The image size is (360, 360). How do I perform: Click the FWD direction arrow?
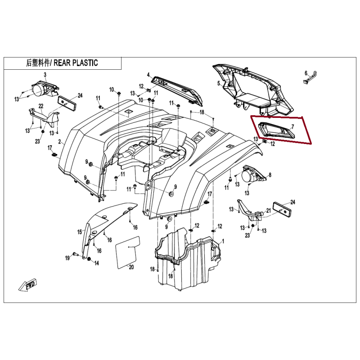(x=28, y=285)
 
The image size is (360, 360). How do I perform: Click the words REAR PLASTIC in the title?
(x=76, y=63)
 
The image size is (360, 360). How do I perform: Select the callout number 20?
(x=131, y=267)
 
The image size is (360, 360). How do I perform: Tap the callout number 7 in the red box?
(x=292, y=127)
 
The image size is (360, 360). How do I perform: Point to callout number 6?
(x=306, y=73)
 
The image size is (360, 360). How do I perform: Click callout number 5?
(x=219, y=83)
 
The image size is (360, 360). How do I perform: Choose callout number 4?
(x=148, y=75)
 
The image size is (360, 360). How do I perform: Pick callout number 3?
(x=45, y=74)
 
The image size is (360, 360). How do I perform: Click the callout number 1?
(x=223, y=241)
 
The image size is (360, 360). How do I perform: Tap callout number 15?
(x=80, y=232)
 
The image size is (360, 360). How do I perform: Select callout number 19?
(x=67, y=258)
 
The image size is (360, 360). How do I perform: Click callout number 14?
(x=97, y=263)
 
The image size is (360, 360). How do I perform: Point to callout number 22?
(x=41, y=106)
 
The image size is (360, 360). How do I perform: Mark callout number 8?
(x=270, y=175)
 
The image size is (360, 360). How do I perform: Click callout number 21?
(x=268, y=211)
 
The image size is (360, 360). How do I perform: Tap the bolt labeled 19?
(x=75, y=254)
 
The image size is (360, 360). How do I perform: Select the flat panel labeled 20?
(x=128, y=252)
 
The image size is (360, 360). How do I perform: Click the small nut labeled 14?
(x=89, y=259)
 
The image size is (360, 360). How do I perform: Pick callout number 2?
(x=60, y=142)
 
